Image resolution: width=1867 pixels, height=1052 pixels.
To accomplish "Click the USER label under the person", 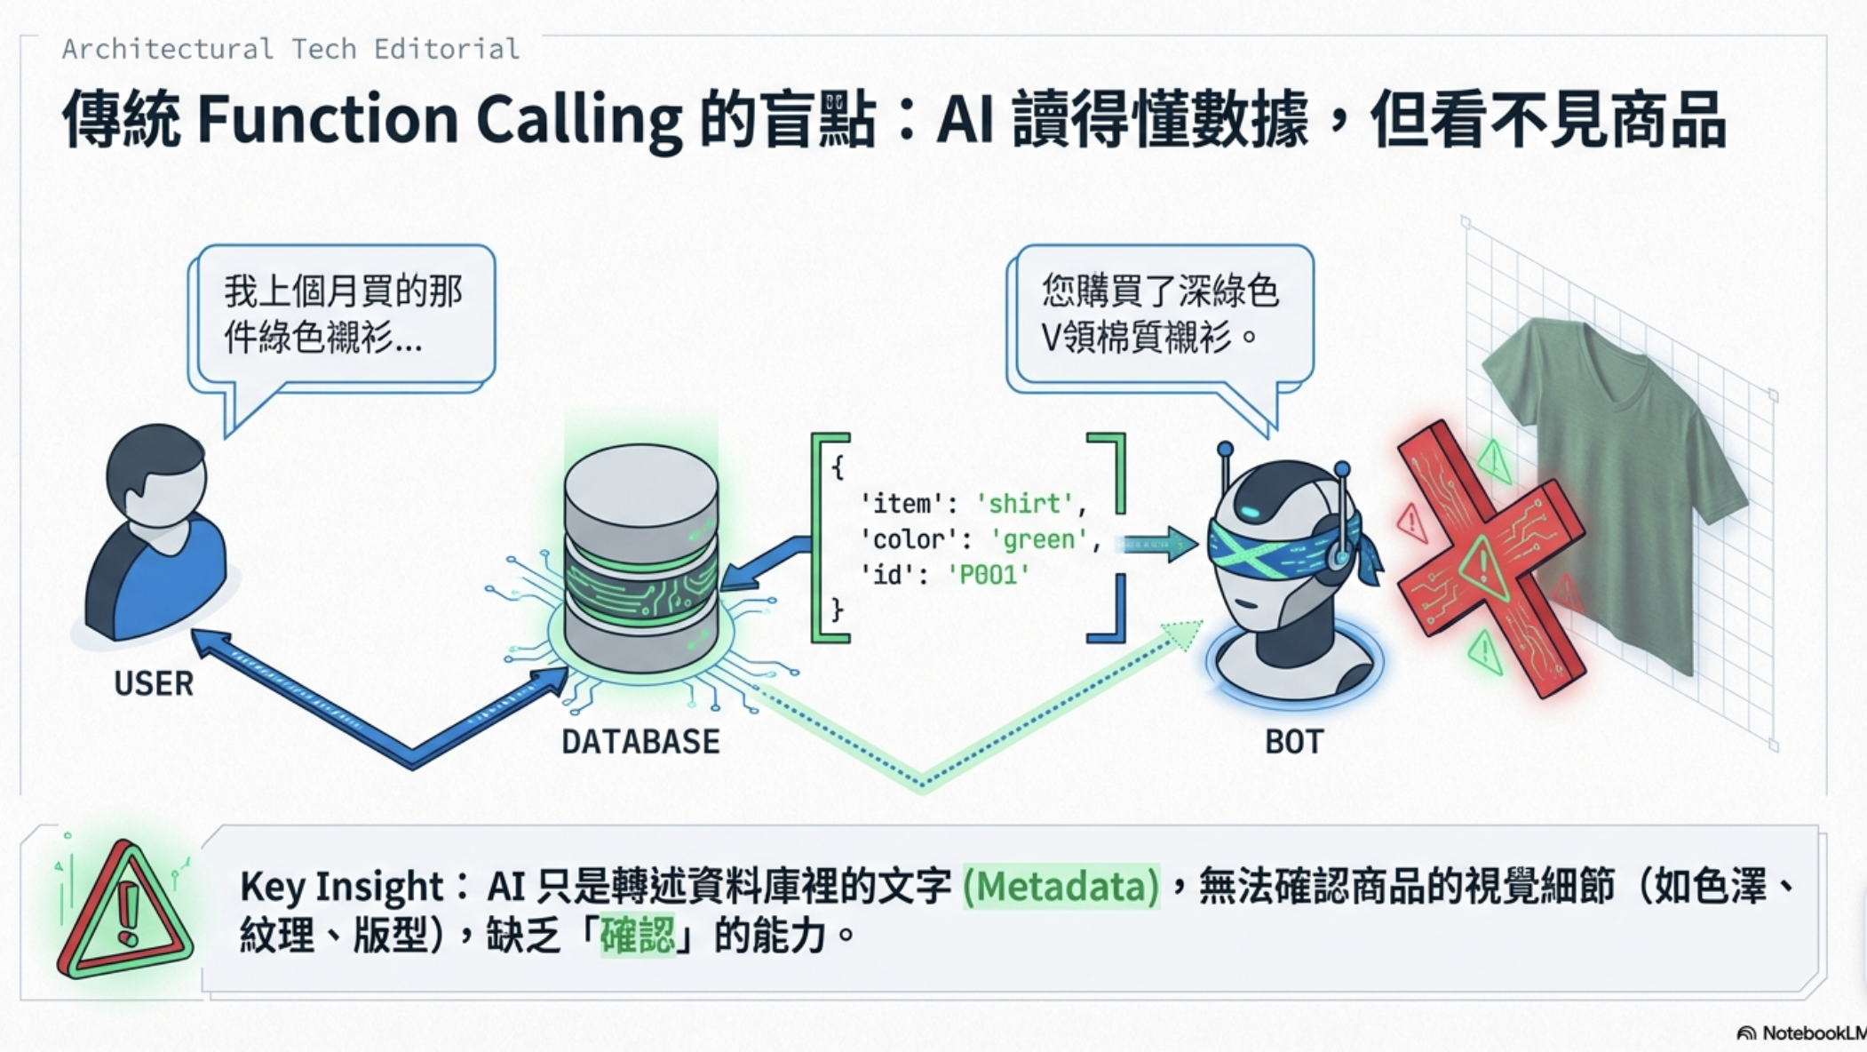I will (154, 683).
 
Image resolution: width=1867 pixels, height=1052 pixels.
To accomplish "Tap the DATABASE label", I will (640, 742).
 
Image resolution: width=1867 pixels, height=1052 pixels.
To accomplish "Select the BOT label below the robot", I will (1294, 742).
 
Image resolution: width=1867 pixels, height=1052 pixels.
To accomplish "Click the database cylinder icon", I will (640, 560).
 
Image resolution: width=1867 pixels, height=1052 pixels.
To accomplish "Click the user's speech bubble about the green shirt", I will (345, 315).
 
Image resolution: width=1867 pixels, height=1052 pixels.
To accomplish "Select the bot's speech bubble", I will (1162, 315).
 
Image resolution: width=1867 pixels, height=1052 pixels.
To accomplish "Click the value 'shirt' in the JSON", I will (1024, 504).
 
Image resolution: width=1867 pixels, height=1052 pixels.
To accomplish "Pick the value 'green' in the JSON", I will (1039, 539).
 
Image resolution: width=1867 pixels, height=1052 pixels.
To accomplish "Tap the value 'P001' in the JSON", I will (989, 575).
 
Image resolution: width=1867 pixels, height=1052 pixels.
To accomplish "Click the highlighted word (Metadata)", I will (1061, 887).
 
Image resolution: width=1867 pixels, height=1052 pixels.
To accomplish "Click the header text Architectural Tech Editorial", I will (290, 49).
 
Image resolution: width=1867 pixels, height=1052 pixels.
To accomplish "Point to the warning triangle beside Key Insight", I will (124, 911).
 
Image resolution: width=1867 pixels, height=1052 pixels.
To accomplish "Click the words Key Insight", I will (341, 887).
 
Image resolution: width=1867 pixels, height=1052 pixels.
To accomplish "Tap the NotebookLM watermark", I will (1803, 1033).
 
